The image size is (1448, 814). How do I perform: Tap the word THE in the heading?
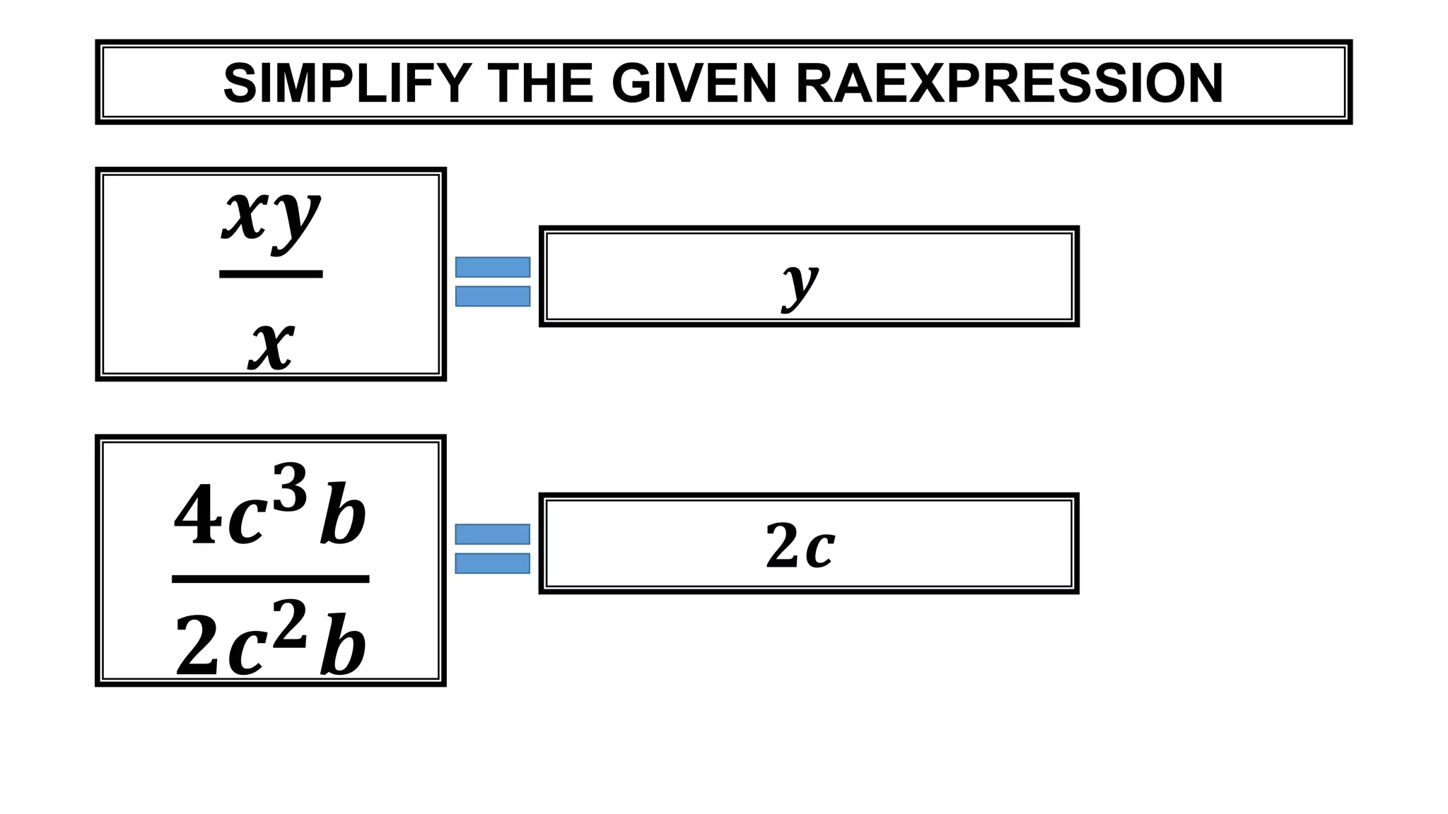coord(541,83)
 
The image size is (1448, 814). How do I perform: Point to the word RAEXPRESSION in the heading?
coord(1009,83)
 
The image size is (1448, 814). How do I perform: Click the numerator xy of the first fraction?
coord(271,216)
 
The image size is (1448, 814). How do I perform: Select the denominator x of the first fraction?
coord(271,346)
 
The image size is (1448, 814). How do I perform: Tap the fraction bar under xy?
coord(271,274)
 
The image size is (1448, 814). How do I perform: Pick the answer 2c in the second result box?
coord(800,545)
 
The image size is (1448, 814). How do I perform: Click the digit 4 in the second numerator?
coord(195,516)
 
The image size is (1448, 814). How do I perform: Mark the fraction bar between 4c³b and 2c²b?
coord(271,579)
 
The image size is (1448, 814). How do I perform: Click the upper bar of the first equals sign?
coord(493,267)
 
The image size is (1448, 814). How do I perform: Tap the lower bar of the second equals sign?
coord(493,563)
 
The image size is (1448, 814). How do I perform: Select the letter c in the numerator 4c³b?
coord(247,523)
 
